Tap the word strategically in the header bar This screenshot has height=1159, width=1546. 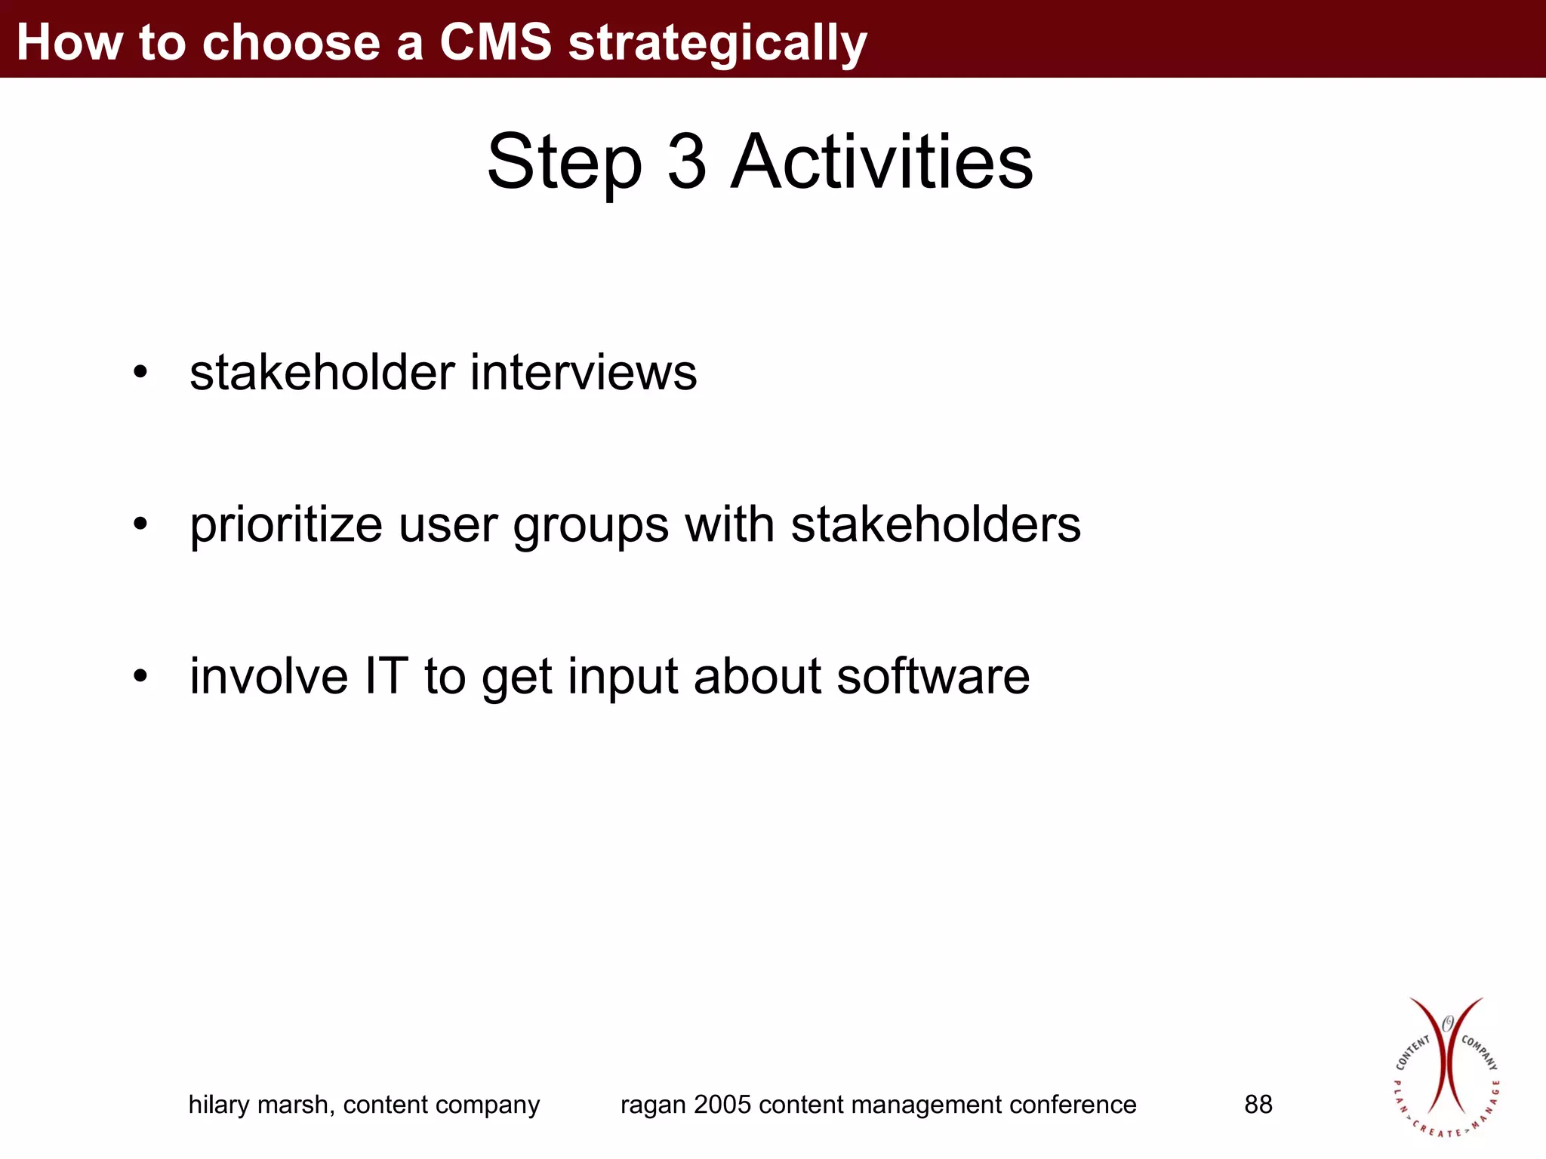point(717,44)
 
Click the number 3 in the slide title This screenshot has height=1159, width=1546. point(687,161)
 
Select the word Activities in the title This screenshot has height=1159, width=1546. point(882,161)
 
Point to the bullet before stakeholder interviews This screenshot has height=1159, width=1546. point(140,372)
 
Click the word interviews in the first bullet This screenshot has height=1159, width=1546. point(583,372)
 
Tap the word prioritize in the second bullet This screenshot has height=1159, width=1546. point(286,526)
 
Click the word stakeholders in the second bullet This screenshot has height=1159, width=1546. point(935,524)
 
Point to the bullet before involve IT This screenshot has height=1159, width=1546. point(140,676)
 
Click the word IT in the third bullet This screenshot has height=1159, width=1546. point(386,675)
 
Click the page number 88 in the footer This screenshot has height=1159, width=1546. point(1258,1105)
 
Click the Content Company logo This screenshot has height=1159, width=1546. point(1446,1067)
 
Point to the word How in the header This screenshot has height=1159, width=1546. point(69,42)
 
